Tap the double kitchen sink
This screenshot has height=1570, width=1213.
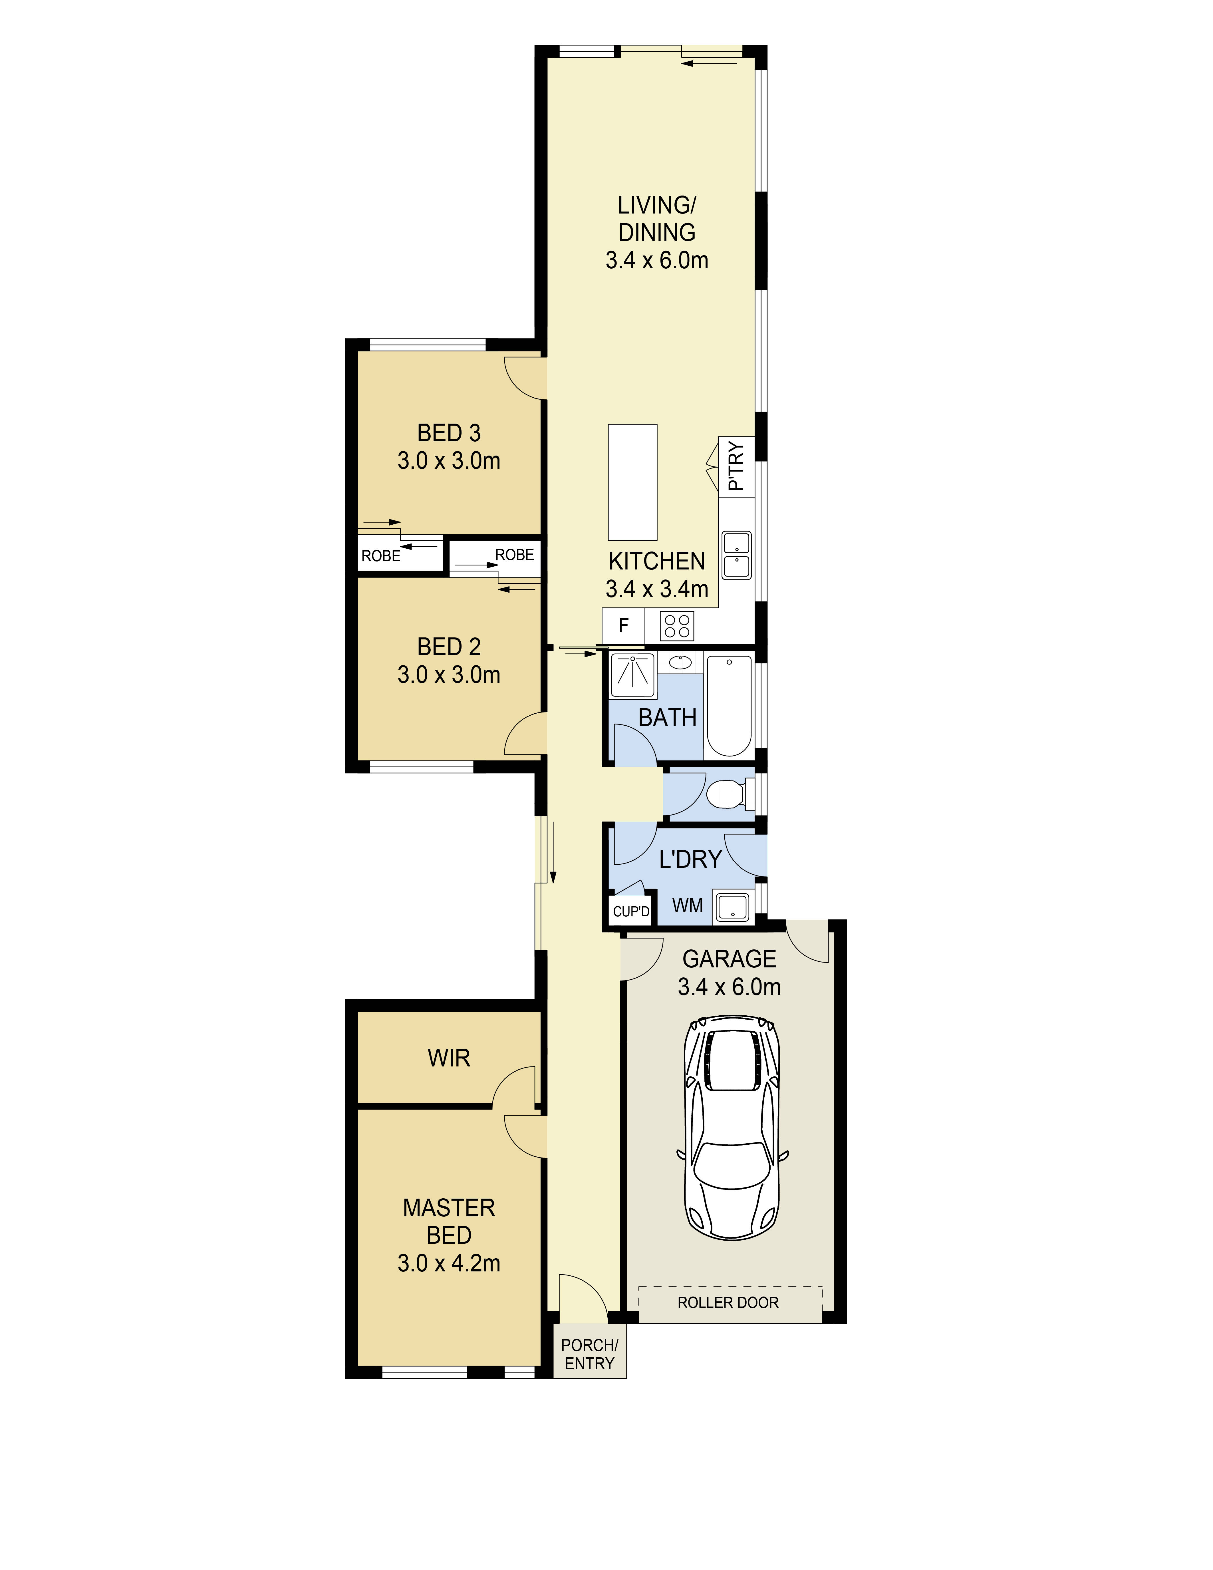pos(737,555)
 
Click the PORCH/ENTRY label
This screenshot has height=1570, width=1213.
pos(589,1354)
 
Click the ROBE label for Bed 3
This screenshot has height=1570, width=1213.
pos(381,556)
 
